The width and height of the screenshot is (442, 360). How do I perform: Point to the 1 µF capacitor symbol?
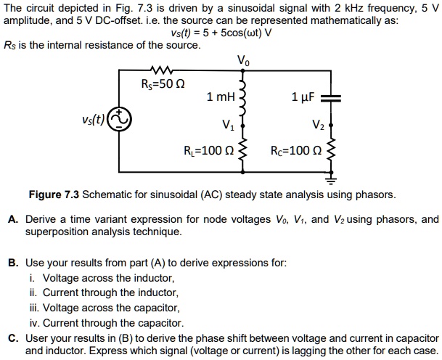coord(332,98)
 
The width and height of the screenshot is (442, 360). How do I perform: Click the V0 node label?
coord(243,60)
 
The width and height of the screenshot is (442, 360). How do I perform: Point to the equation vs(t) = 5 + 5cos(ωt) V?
coord(221,33)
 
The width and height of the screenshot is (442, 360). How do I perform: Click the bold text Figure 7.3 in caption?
coord(53,195)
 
